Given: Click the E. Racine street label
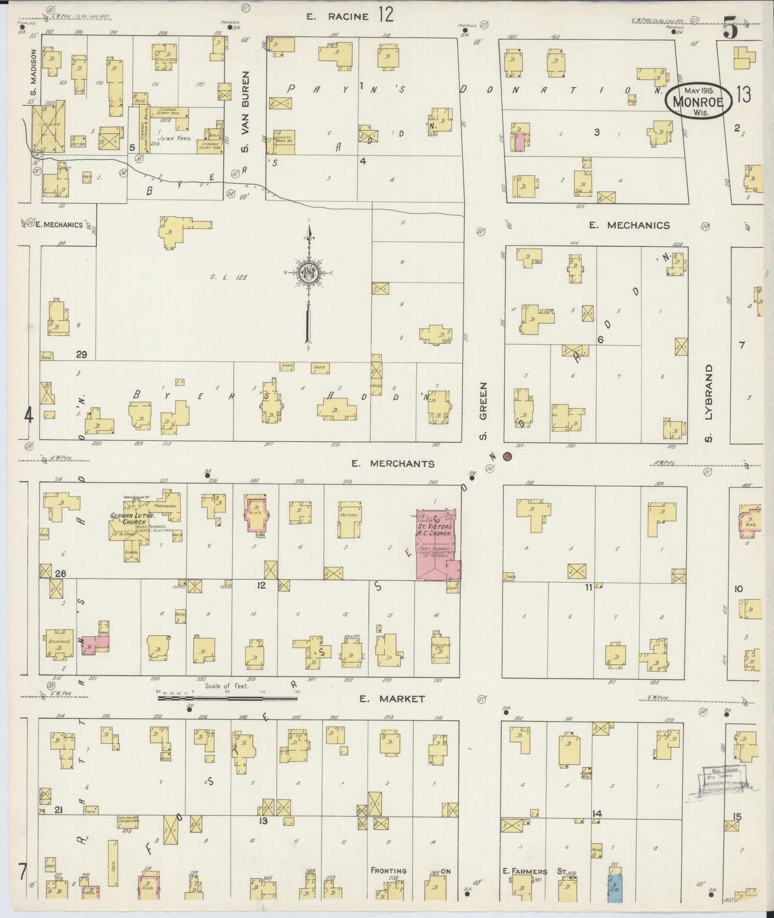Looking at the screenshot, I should tap(337, 17).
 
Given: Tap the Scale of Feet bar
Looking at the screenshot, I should tap(227, 698).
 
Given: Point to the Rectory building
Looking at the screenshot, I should tap(349, 520).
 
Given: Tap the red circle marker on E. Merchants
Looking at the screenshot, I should tap(507, 456).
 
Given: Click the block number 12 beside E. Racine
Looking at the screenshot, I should tap(385, 14).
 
